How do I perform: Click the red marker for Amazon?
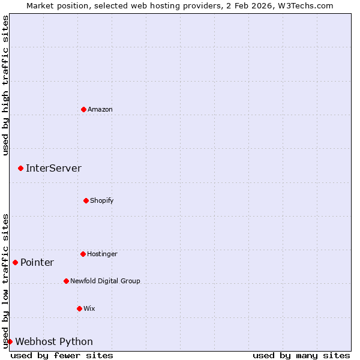pos(83,109)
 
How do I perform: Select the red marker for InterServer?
pos(20,168)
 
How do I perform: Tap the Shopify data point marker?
pos(86,200)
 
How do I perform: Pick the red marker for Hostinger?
pos(83,254)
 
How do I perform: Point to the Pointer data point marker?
pos(15,262)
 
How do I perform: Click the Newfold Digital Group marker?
pos(66,281)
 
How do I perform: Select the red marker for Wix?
pos(79,308)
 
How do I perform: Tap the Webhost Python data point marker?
pos(10,341)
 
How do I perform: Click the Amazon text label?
pos(100,109)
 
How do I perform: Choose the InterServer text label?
pos(53,168)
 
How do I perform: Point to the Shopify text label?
pos(102,200)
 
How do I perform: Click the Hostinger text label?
pos(102,254)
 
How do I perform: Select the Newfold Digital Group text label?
pos(105,281)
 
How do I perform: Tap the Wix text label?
pos(89,308)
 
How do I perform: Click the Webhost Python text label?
pos(54,341)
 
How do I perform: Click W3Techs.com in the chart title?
pos(304,5)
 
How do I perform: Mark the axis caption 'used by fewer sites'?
pos(62,355)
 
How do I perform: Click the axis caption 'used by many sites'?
pos(301,355)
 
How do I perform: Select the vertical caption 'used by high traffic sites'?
pos(5,85)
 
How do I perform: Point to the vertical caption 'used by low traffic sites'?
pos(5,280)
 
